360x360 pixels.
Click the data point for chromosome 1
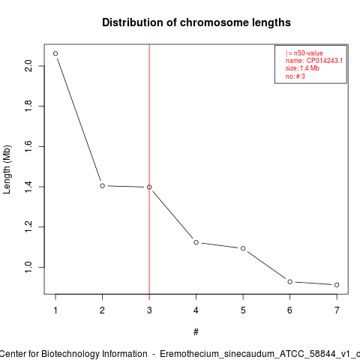coord(55,53)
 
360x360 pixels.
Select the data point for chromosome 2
coord(102,186)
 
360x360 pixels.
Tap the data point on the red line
coord(149,187)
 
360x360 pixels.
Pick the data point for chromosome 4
coord(196,242)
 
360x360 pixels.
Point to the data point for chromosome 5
coord(243,248)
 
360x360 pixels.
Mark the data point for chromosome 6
coord(290,282)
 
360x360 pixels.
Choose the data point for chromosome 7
coord(337,285)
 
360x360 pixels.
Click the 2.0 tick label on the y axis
coord(28,66)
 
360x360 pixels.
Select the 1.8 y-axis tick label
coord(28,106)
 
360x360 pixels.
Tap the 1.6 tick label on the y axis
coord(28,146)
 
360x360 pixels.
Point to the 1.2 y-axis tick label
coord(28,227)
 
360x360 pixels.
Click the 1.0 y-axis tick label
coord(28,267)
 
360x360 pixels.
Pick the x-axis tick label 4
coord(196,310)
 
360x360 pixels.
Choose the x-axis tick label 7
coord(337,310)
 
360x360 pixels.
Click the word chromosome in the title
coord(214,22)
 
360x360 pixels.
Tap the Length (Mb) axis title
coord(7,169)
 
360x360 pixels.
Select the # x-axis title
coord(196,332)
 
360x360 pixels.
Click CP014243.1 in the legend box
coord(325,61)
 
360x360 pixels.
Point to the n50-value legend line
coord(304,53)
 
